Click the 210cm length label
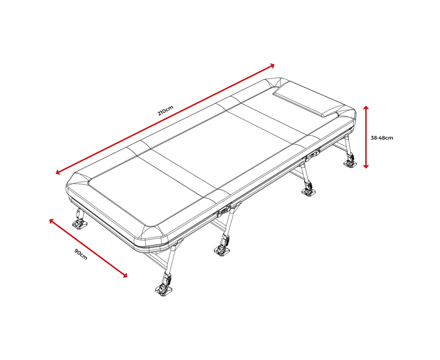tap(166, 111)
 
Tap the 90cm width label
tap(81, 254)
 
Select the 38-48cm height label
tap(382, 138)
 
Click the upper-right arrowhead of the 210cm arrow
tap(272, 66)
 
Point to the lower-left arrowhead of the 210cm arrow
tap(58, 172)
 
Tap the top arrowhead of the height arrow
tap(366, 107)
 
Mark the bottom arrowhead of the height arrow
tap(366, 166)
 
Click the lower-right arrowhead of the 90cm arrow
tap(125, 275)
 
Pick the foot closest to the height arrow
tap(350, 164)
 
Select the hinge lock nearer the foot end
tap(224, 211)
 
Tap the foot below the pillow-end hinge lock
tap(309, 192)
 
